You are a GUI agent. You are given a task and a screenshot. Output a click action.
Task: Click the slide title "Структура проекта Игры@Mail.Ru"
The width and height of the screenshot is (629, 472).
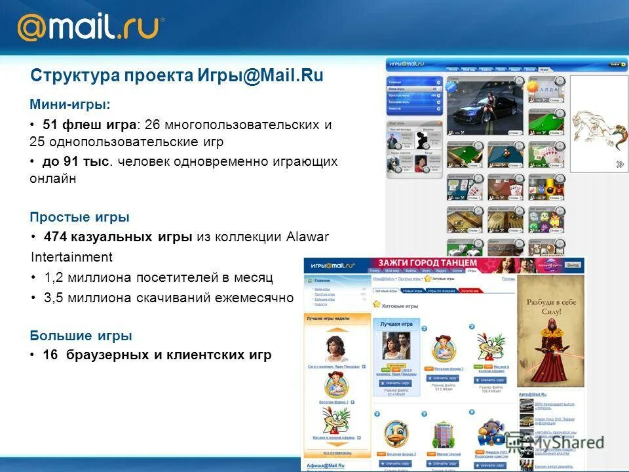(177, 75)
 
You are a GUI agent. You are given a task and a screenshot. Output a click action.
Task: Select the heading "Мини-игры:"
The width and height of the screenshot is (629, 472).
(70, 104)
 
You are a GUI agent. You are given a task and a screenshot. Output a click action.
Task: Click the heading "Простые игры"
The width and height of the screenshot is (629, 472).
(79, 217)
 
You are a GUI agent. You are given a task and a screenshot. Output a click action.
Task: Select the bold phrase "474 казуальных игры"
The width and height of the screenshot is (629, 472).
(118, 237)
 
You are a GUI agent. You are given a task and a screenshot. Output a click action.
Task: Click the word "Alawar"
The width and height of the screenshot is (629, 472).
(308, 237)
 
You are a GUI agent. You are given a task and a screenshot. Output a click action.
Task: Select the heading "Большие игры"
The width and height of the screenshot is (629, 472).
(81, 336)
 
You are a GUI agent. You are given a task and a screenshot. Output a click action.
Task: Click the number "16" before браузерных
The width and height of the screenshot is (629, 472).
(50, 355)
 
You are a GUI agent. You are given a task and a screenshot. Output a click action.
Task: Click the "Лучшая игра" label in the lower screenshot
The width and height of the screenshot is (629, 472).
(396, 324)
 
